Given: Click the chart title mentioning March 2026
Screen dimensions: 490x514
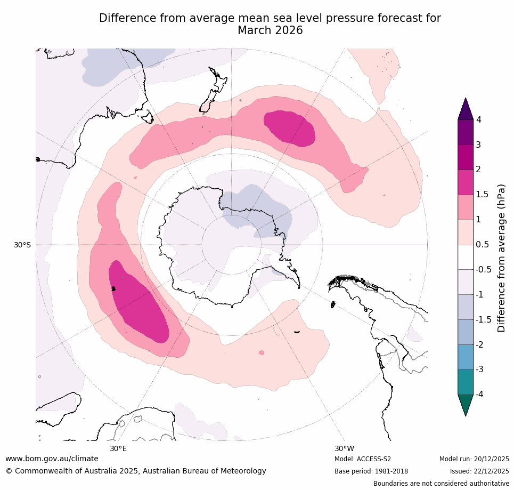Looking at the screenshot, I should [x=270, y=25].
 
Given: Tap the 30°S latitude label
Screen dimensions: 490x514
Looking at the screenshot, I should [x=22, y=245].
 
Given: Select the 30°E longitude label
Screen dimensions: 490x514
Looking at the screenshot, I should [x=118, y=448].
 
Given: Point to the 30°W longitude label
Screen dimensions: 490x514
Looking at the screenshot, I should [x=344, y=448].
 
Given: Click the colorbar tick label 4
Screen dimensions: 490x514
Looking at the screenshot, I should [x=478, y=120].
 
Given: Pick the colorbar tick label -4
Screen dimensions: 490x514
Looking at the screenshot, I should [x=480, y=395].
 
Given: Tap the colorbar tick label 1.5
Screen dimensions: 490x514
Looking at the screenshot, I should [x=482, y=195].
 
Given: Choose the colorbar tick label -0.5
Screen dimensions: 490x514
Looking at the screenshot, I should [x=484, y=270].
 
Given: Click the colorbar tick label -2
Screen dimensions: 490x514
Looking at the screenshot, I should [x=480, y=344].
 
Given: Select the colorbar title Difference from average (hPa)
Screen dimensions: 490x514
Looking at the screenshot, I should [x=501, y=258].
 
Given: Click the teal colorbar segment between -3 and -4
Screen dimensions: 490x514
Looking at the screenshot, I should [x=466, y=382].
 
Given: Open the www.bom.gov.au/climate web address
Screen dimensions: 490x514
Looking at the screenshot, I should [x=52, y=459].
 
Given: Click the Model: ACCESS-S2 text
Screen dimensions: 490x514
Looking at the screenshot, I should [x=363, y=459].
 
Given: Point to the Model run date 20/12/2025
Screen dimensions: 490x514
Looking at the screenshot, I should [x=474, y=459].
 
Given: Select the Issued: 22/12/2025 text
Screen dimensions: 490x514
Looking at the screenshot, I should [x=479, y=471].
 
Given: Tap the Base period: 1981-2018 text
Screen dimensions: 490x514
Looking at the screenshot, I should [x=371, y=471].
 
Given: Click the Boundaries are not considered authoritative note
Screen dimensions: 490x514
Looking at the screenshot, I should [x=441, y=484].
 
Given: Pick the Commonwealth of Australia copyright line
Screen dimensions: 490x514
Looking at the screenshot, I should [x=136, y=471].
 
